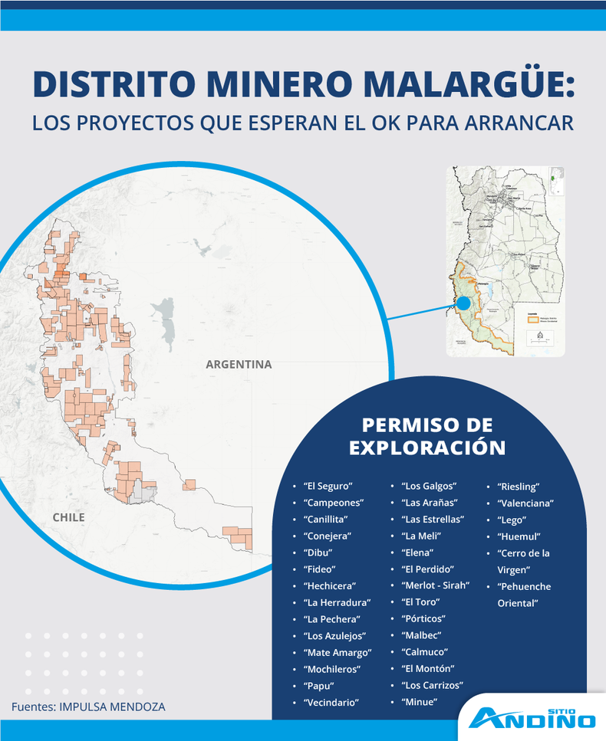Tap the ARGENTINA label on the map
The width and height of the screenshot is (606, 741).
239,365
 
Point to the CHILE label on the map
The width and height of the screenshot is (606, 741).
68,518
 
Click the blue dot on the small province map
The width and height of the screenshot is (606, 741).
463,303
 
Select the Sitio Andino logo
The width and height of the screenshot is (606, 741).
532,717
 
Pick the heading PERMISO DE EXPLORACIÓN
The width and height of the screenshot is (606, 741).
427,437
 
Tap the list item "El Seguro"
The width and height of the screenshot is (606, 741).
328,487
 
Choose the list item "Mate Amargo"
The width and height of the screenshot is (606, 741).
338,653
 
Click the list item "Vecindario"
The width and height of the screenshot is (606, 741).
331,703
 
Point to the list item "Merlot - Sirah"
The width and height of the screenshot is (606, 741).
435,586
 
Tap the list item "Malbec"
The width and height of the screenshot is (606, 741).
423,636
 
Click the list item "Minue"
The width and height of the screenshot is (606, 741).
419,702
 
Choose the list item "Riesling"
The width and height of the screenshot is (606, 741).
519,487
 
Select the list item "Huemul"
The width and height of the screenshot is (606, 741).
519,536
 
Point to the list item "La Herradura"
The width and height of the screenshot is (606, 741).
337,603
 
